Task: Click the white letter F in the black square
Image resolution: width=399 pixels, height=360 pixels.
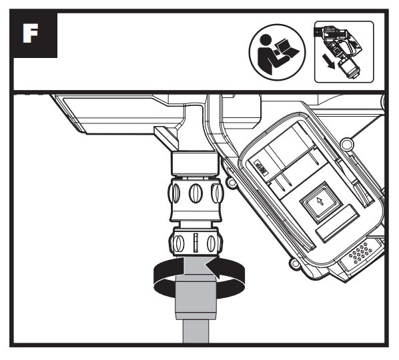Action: click(30, 33)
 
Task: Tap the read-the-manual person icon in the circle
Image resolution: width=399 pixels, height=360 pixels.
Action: click(277, 53)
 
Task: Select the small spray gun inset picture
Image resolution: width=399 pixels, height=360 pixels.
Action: click(344, 52)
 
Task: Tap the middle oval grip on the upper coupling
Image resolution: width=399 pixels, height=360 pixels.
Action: click(195, 193)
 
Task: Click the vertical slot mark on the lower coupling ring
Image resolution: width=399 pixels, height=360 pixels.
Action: click(195, 243)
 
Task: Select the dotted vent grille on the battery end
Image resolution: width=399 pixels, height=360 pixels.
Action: click(360, 253)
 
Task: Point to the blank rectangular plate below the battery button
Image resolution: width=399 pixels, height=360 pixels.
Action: click(338, 223)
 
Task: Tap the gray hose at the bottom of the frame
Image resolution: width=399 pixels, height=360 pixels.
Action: click(195, 331)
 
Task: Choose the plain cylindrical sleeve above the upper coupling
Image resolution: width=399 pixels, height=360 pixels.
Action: click(195, 163)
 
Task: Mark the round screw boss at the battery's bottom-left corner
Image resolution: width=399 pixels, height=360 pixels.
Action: click(294, 263)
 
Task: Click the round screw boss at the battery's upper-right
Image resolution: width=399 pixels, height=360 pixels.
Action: click(347, 143)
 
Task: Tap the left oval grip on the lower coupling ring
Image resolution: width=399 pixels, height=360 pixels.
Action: click(177, 243)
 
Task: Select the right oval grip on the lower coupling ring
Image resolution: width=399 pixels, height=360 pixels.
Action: click(212, 243)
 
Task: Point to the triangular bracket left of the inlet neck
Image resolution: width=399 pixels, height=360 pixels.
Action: click(166, 138)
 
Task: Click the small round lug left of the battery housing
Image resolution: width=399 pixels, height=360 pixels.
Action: click(232, 182)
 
